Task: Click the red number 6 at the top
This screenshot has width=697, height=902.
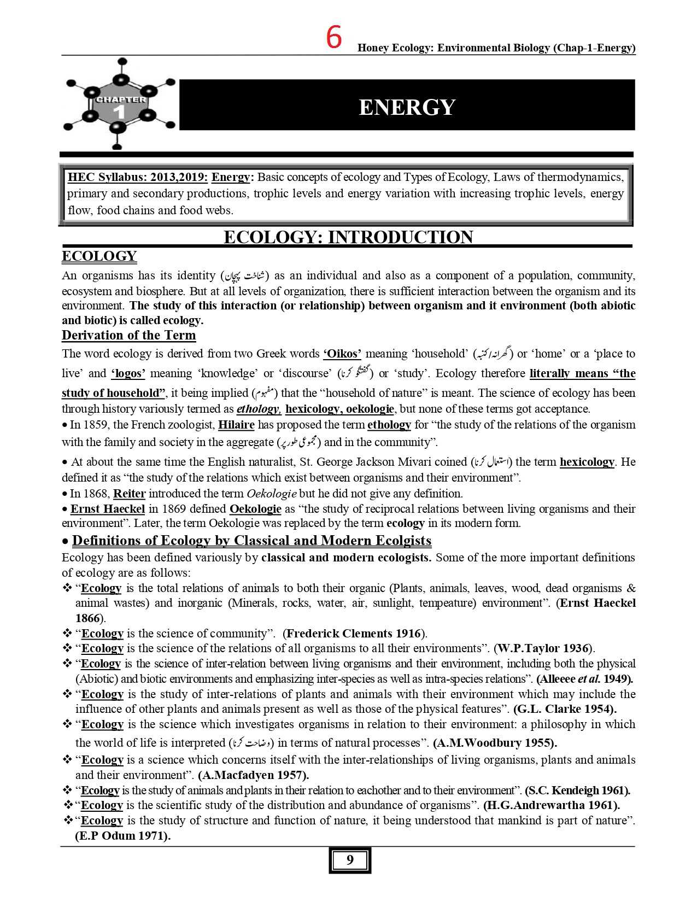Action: pyautogui.click(x=334, y=38)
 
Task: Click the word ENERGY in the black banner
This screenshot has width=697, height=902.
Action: pyautogui.click(x=407, y=107)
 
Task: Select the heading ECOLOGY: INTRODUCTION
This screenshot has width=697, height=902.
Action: pyautogui.click(x=348, y=237)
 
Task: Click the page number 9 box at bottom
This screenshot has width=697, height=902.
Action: pyautogui.click(x=350, y=860)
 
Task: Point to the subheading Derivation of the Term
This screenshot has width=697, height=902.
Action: pyautogui.click(x=128, y=335)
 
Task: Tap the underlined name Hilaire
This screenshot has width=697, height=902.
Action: pyautogui.click(x=236, y=425)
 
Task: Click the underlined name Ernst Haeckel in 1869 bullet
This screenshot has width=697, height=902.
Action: pyautogui.click(x=108, y=509)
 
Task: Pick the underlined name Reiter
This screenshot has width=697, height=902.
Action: pyautogui.click(x=129, y=494)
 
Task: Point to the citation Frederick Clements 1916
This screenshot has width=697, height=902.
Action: pyautogui.click(x=354, y=634)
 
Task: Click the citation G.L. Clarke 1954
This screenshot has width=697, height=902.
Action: pyautogui.click(x=565, y=709)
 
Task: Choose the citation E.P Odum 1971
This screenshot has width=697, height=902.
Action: pyautogui.click(x=123, y=836)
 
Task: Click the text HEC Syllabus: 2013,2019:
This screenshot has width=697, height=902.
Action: pyautogui.click(x=137, y=177)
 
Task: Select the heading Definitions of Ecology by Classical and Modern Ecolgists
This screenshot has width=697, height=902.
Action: pyautogui.click(x=251, y=541)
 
